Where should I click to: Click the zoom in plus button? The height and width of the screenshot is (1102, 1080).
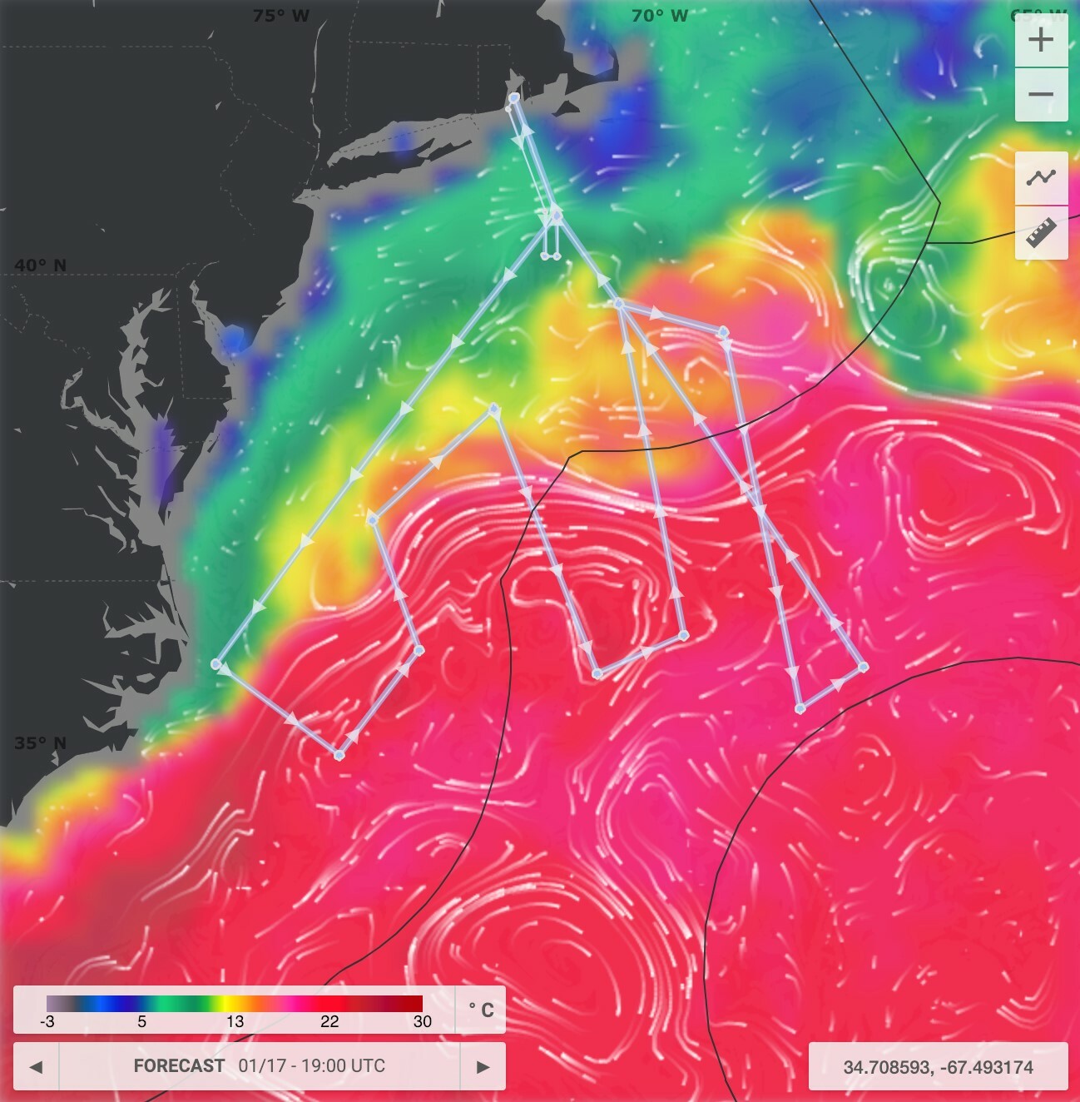[1041, 39]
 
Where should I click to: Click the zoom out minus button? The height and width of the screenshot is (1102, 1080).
[1041, 95]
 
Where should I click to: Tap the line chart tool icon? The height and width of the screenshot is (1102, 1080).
[1041, 177]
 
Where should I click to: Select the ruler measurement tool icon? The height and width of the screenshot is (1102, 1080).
[1041, 232]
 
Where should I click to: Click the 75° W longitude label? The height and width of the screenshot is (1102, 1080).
[280, 16]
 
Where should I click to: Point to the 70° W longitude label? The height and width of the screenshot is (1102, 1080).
[659, 16]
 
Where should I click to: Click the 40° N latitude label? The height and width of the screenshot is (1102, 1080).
[40, 266]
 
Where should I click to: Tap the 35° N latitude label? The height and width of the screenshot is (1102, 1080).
[40, 743]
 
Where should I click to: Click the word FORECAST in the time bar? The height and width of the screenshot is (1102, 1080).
[179, 1066]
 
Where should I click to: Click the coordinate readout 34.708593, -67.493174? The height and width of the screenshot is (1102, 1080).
[938, 1067]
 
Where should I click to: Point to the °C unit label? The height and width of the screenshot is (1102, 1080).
[481, 1010]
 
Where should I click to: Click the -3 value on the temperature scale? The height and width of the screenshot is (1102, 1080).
[47, 1022]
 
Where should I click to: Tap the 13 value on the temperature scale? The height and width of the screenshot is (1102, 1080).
[235, 1022]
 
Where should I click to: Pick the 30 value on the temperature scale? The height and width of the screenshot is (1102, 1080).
[422, 1022]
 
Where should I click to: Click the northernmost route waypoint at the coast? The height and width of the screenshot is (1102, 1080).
[514, 98]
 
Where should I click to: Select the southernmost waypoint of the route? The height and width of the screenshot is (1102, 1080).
[339, 755]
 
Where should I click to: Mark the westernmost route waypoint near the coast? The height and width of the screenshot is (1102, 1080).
[216, 664]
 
